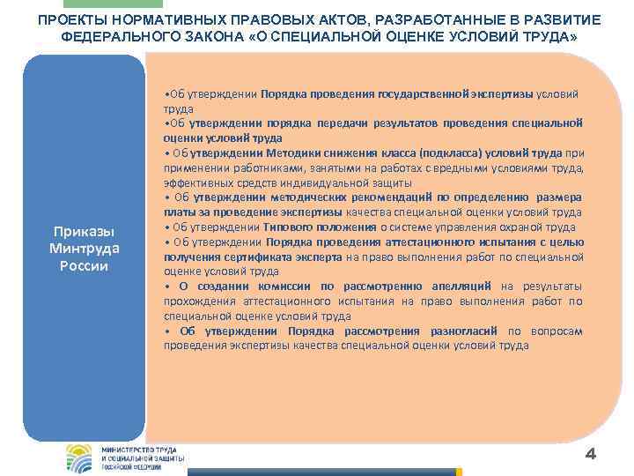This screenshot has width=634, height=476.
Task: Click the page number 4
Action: [x=591, y=454]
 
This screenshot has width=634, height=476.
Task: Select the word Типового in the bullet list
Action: [x=286, y=227]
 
